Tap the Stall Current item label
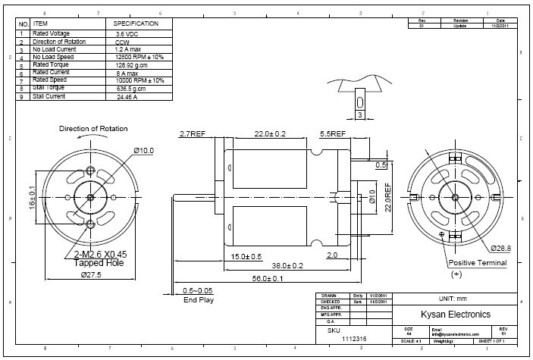[x=49, y=96]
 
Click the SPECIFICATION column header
[x=136, y=24]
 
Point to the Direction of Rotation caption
[x=93, y=129]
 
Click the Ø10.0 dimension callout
[x=144, y=151]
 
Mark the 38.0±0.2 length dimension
[x=287, y=266]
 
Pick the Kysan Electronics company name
[x=455, y=314]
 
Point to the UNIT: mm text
[x=455, y=299]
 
